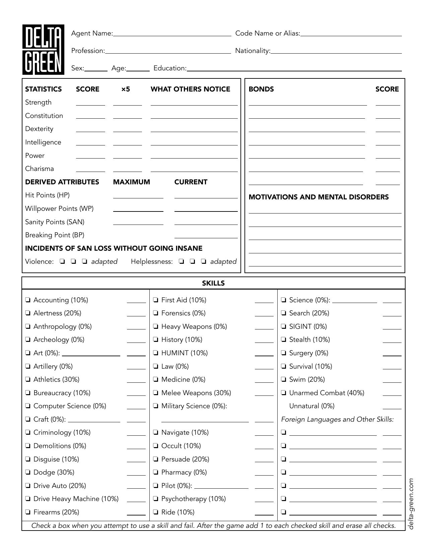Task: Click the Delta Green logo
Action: pos(43,50)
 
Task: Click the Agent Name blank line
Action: pos(172,34)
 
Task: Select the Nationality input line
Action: pos(336,51)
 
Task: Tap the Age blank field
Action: pos(138,69)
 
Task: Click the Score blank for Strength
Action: pos(90,103)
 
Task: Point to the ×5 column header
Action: pos(126,89)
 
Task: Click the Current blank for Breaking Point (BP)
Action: pos(206,236)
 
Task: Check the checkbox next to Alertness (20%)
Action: pos(28,313)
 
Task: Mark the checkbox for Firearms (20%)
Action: pos(28,512)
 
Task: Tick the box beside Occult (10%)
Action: pos(156,446)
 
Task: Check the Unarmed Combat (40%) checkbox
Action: pos(284,393)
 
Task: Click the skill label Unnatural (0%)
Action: pos(311,406)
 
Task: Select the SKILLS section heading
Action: pos(213,283)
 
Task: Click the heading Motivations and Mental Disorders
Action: pos(318,197)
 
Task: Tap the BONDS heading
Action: pos(261,89)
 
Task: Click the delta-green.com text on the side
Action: pos(411,503)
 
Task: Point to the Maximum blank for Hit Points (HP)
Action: pos(138,196)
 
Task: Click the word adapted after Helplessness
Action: pos(223,262)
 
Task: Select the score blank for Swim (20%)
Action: pos(392,380)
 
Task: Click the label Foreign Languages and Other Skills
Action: pos(337,420)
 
